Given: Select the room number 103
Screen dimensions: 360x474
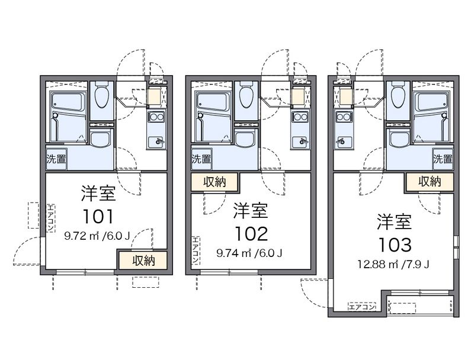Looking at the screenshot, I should pos(395,243).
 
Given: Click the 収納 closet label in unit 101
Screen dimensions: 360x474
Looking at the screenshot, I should pos(143,260).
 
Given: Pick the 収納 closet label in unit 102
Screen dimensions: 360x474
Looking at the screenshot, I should pos(214,182).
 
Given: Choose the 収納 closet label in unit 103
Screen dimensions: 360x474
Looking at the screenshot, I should pos(430,182).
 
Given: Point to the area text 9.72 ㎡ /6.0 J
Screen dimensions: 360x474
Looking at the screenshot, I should pos(97,236).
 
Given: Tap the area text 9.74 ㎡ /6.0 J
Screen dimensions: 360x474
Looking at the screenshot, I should pos(249,253).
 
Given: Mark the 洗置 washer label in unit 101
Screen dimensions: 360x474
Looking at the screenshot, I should pos(56,159).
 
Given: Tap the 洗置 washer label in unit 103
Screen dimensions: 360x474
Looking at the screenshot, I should pos(443,159).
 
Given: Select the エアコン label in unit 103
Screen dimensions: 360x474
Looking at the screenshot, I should pos(361,307).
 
